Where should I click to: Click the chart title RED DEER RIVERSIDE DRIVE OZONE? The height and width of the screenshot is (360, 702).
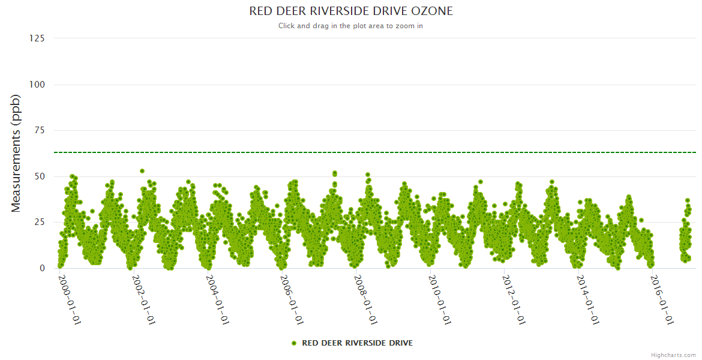[x=351, y=11]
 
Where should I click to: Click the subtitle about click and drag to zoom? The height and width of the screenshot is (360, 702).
[x=351, y=26]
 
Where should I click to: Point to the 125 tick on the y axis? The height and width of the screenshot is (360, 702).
[x=37, y=38]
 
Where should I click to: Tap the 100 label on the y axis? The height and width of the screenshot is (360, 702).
[x=37, y=85]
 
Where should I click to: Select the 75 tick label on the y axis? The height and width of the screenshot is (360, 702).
[x=39, y=130]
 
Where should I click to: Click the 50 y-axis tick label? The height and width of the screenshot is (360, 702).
[x=39, y=176]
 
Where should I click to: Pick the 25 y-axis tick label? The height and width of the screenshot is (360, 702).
[x=39, y=223]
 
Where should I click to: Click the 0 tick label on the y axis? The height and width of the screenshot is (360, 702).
[x=42, y=268]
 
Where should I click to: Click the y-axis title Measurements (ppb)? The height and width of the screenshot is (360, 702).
[x=16, y=153]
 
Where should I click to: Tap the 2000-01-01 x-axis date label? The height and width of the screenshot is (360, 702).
[x=70, y=300]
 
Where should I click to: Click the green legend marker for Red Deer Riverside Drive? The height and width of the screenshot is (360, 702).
[x=294, y=343]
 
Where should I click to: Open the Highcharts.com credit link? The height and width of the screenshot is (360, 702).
[x=673, y=355]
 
